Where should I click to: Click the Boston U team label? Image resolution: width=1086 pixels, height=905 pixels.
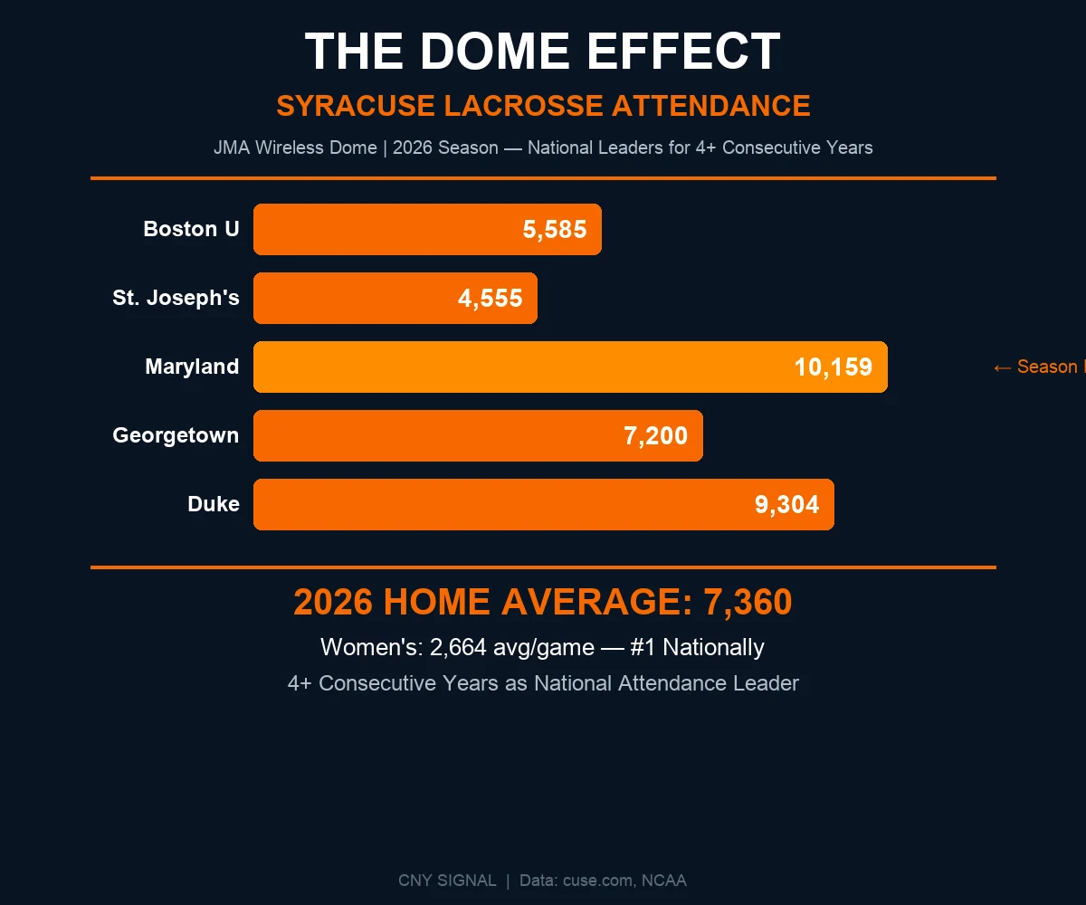click(191, 229)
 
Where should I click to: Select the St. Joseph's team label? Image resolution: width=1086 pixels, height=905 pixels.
click(176, 298)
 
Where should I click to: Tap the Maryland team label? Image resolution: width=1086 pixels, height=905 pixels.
click(192, 367)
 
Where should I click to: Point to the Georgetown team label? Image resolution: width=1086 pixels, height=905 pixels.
click(176, 435)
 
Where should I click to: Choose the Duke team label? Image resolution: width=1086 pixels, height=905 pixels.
click(214, 504)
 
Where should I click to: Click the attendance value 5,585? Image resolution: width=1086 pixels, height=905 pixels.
click(555, 230)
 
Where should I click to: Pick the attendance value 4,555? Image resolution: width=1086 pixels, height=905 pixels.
click(491, 299)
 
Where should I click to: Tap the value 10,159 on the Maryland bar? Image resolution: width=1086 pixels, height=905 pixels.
click(834, 367)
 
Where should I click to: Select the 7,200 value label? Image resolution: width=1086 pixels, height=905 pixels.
click(656, 436)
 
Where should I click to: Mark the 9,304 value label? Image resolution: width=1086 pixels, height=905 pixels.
click(787, 505)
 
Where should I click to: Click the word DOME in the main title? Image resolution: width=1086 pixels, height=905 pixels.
click(495, 52)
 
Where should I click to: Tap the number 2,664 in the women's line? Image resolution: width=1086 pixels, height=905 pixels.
click(463, 648)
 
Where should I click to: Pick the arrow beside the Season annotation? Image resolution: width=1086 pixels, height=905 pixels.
click(1002, 367)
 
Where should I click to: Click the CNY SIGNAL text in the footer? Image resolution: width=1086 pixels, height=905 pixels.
click(447, 881)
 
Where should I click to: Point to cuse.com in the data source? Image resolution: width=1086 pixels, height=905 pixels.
click(598, 881)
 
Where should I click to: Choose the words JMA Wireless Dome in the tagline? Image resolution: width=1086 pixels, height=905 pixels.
click(295, 148)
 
